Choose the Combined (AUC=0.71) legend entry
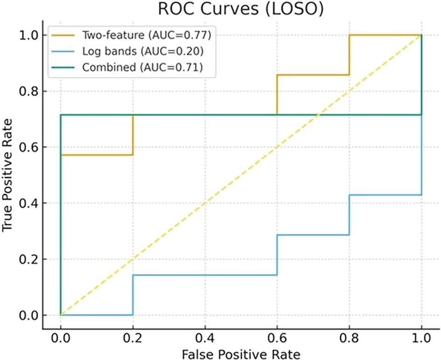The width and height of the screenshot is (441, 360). point(141,67)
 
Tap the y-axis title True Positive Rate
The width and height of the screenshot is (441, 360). point(7,175)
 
